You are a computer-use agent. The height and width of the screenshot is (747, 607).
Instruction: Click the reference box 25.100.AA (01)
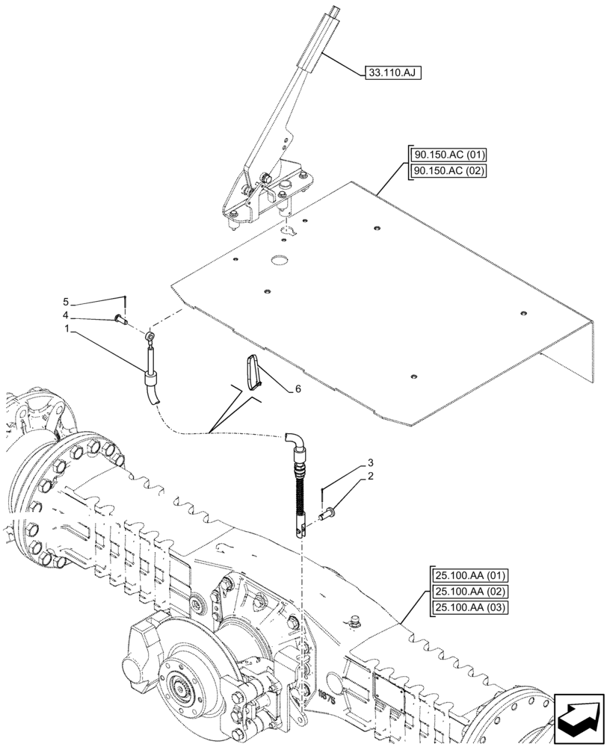469,576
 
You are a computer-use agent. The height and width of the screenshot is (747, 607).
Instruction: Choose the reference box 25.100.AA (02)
469,592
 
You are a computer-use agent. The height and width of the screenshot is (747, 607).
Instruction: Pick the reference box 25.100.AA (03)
469,607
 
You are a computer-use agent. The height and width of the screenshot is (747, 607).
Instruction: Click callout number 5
66,302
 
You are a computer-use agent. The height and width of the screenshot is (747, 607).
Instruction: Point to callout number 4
66,315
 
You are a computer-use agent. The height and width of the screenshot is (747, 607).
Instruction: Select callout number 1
66,328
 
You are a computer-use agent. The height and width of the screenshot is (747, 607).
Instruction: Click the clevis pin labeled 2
330,513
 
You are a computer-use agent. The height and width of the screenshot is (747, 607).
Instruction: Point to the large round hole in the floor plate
280,260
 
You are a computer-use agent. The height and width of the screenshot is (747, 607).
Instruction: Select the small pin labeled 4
120,320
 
